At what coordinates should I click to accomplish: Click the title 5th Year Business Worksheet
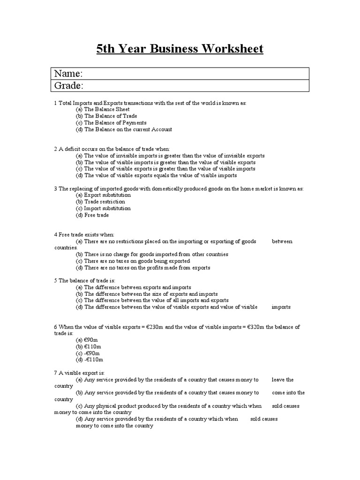180,49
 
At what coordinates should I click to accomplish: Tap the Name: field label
68,74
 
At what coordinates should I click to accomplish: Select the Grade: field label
69,86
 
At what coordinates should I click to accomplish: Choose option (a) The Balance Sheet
103,109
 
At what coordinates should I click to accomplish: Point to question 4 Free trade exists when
84,234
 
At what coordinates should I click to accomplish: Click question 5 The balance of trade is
84,280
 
